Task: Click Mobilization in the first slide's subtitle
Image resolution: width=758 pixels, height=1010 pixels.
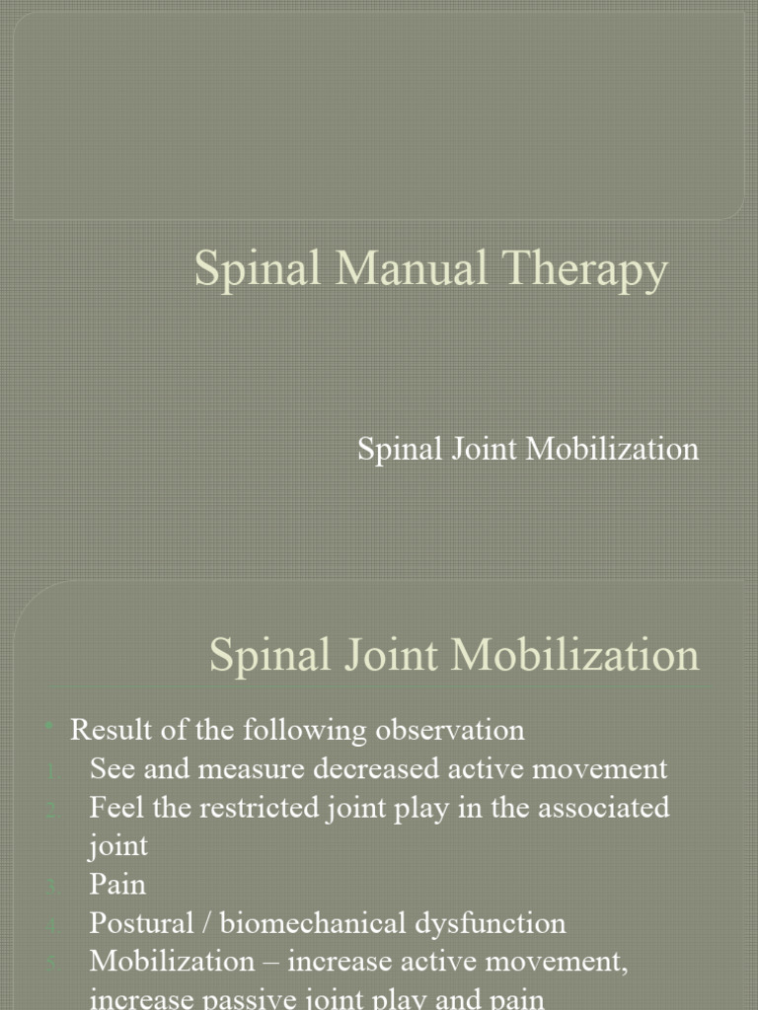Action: coord(612,449)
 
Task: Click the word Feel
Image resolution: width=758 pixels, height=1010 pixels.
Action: coord(114,807)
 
